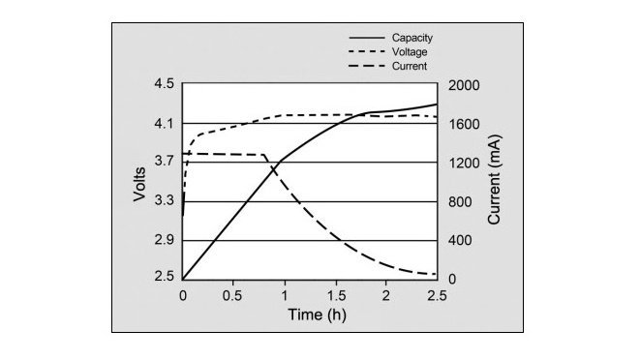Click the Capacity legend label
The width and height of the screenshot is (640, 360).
coord(412,38)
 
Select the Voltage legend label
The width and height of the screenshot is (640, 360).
coord(410,52)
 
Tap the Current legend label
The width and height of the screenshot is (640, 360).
coord(410,66)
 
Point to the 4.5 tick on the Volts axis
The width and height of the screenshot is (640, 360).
coord(164,83)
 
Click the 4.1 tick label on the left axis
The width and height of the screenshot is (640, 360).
coord(164,123)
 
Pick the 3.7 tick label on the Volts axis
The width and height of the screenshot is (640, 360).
coord(164,161)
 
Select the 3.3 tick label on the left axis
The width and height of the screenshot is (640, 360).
coord(164,200)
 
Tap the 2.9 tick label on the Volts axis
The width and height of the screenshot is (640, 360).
coord(164,240)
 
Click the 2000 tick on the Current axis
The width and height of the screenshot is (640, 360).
coord(464,86)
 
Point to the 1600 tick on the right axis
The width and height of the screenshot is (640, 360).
coord(464,124)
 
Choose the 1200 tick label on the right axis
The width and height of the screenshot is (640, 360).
coord(464,163)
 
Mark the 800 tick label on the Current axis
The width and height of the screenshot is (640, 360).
coord(460,201)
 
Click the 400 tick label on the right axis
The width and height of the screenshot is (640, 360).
coord(460,240)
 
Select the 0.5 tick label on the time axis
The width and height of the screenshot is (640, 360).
coord(232,295)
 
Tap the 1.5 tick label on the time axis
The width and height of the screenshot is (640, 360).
coord(336,295)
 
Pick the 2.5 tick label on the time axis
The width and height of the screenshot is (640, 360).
coord(437,295)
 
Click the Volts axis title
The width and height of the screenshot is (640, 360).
coord(139,184)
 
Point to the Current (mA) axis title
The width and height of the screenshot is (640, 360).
coord(495,180)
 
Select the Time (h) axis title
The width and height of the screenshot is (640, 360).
coord(317,315)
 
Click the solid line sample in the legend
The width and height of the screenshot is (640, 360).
coord(367,38)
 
